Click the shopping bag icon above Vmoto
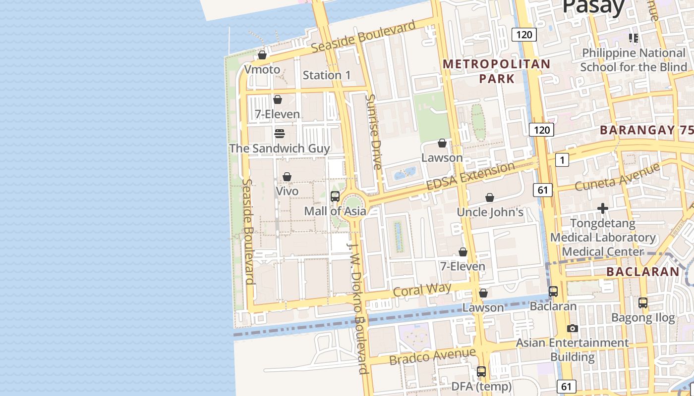click(262, 55)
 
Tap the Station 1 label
click(327, 75)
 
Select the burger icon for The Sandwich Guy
click(279, 134)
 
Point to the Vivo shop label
click(287, 191)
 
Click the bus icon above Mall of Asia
click(335, 196)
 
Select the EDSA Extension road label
click(470, 176)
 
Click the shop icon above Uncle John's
click(490, 198)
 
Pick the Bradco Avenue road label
click(432, 356)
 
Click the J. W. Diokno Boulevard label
click(359, 308)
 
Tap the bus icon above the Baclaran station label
click(553, 292)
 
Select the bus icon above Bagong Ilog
click(643, 302)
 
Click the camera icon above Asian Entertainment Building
click(572, 328)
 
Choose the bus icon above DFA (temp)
click(481, 372)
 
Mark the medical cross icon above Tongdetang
click(603, 208)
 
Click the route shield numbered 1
click(562, 160)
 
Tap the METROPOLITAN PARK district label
click(497, 71)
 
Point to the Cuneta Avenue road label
click(617, 177)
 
